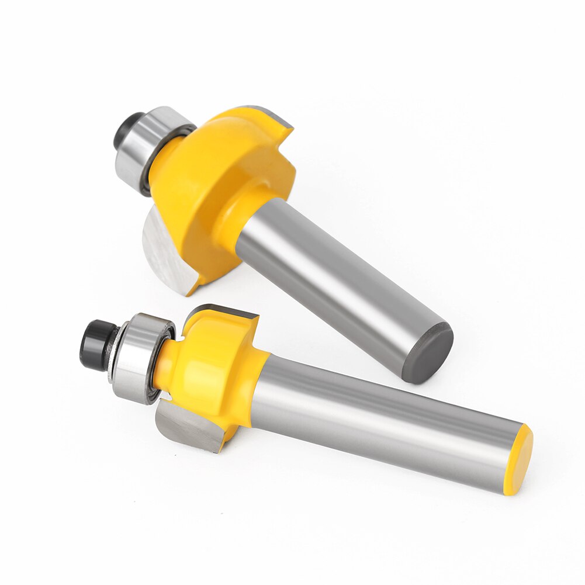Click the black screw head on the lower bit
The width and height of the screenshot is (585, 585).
(94, 344)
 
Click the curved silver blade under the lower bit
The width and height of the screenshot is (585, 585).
(187, 427)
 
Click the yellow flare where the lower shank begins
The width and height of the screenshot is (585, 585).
(257, 386)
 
